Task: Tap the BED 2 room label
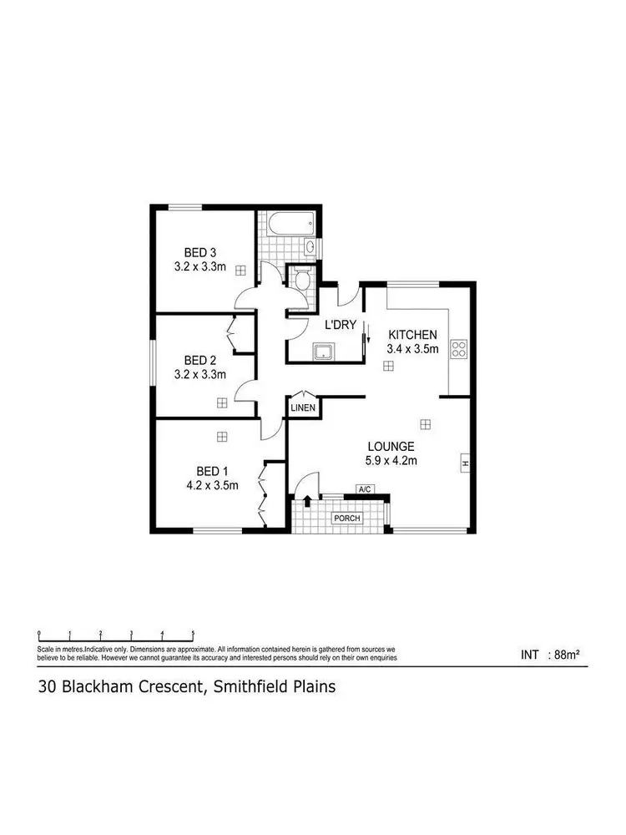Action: click(x=200, y=360)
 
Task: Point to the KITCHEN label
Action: click(x=412, y=335)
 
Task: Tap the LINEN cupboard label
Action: click(x=302, y=407)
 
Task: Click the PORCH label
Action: click(x=347, y=519)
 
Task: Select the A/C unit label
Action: click(x=364, y=489)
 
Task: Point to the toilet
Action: click(x=300, y=278)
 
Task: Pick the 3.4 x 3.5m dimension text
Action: click(x=412, y=349)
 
